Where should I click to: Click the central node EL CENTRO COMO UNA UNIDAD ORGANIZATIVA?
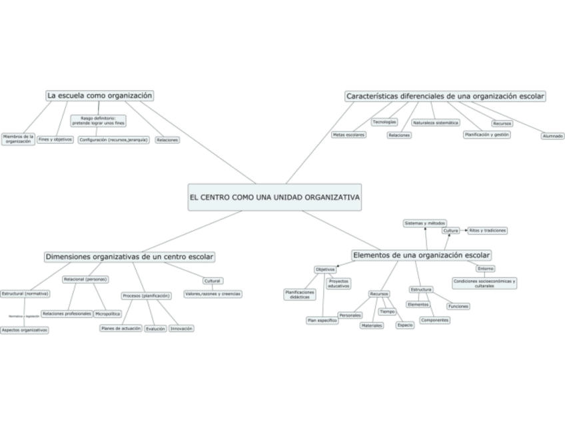click(x=275, y=197)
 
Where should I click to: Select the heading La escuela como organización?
click(x=100, y=96)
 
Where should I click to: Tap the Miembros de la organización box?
click(x=18, y=139)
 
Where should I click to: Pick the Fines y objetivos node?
click(x=55, y=139)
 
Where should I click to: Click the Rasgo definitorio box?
click(x=98, y=121)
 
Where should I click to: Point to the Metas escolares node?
click(x=348, y=135)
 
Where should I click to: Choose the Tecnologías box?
click(x=384, y=122)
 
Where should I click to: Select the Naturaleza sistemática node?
click(x=436, y=123)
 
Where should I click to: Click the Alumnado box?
click(x=552, y=136)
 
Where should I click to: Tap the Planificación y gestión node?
click(x=486, y=134)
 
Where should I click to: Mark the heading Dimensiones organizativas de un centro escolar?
click(x=130, y=257)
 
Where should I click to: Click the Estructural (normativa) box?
click(x=25, y=293)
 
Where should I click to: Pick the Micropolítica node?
click(x=108, y=313)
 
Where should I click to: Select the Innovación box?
click(x=181, y=328)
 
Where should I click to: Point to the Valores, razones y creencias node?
click(x=213, y=293)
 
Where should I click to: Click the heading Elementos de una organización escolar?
click(x=421, y=255)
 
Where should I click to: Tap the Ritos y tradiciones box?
click(x=487, y=230)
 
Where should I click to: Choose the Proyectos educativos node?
click(x=338, y=283)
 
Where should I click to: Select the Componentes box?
click(x=435, y=320)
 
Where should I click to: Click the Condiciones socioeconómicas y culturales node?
click(x=485, y=283)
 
